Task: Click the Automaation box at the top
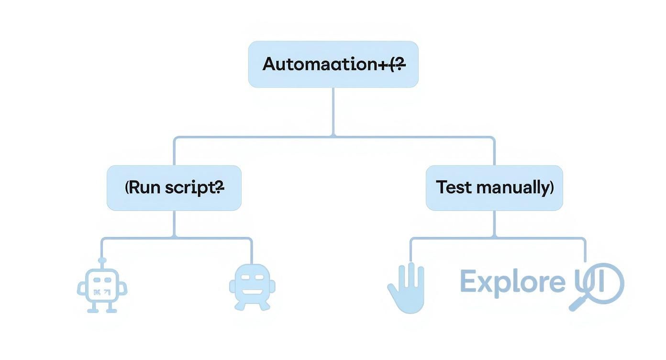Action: (x=333, y=64)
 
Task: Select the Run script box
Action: (x=174, y=188)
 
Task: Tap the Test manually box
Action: (x=494, y=188)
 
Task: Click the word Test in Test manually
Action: (x=451, y=188)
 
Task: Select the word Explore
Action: (x=512, y=281)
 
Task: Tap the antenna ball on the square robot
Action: (x=101, y=260)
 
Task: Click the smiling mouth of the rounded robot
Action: (x=252, y=292)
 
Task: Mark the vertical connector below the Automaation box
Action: (x=333, y=112)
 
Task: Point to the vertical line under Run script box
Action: (x=174, y=224)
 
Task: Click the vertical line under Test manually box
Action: (x=494, y=224)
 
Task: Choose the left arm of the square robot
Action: (x=81, y=289)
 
